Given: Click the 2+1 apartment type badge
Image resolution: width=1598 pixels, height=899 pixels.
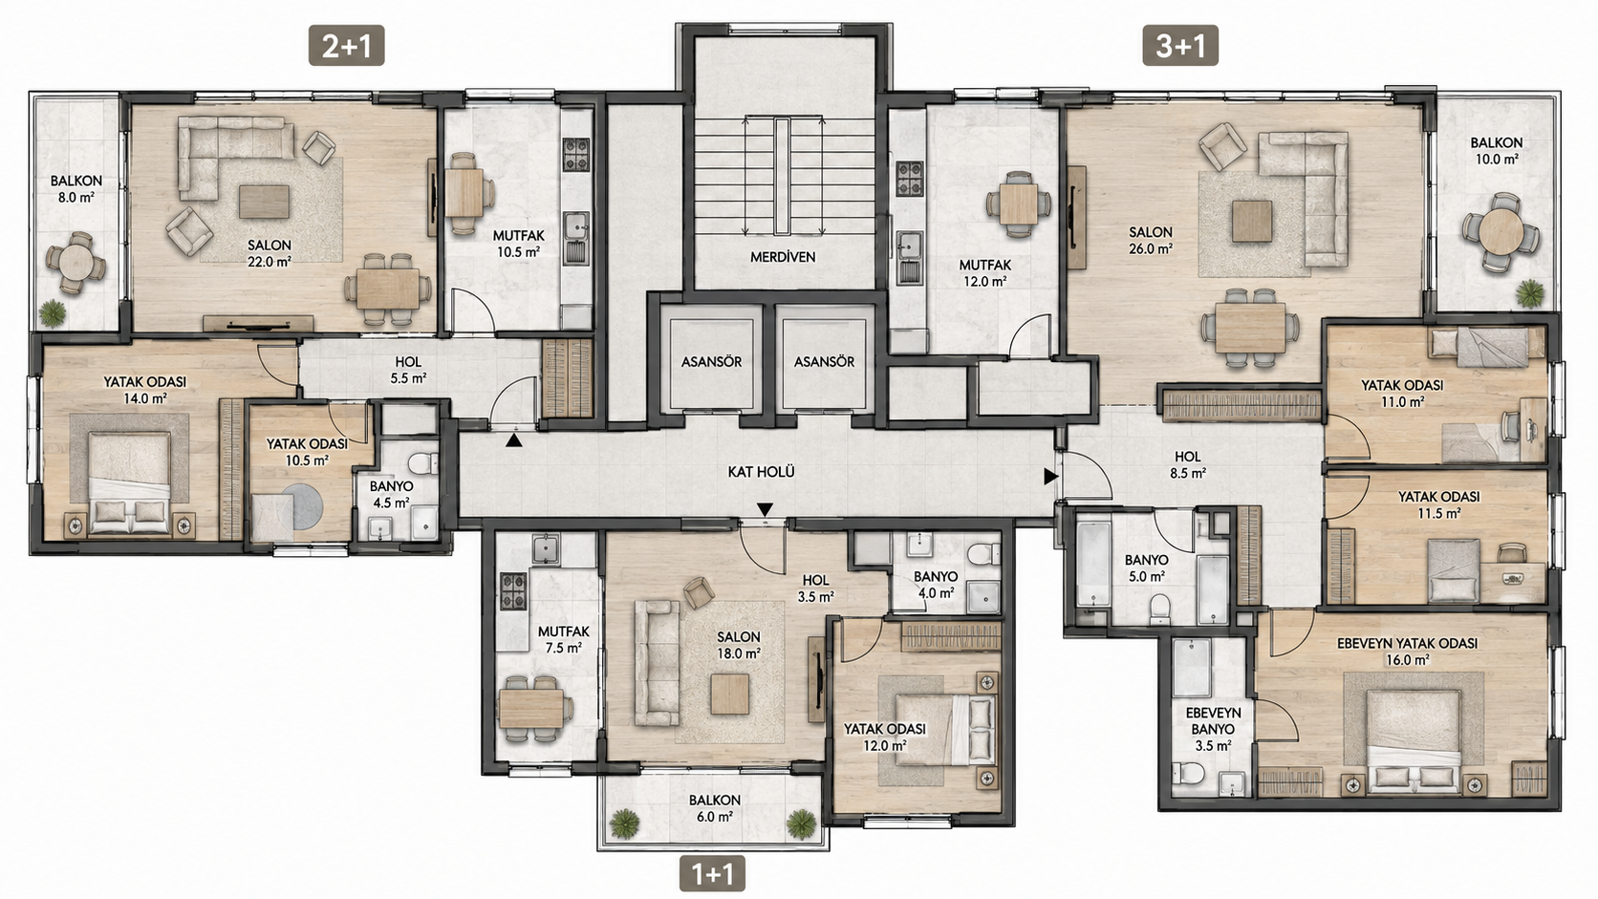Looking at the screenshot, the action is (346, 46).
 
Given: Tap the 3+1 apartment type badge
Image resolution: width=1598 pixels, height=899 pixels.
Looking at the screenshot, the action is (1180, 46).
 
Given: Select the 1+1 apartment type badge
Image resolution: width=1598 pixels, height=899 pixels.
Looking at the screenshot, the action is (712, 873).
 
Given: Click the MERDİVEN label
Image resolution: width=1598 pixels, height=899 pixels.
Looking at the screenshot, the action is (783, 257).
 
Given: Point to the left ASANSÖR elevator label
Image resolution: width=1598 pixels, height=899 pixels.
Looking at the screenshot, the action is (711, 361).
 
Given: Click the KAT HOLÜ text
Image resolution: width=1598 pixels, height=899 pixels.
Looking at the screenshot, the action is (761, 472).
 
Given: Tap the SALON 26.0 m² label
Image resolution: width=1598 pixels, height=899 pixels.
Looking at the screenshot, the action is (1151, 240).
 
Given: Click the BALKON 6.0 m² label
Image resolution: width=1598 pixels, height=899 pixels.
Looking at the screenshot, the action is (715, 808).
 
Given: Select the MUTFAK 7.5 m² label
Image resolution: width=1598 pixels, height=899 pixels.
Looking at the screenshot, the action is (564, 639).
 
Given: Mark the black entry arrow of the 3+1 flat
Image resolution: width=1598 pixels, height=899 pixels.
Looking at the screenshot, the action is (1050, 476).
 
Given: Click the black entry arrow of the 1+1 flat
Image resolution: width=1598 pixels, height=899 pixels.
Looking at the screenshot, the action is (765, 509).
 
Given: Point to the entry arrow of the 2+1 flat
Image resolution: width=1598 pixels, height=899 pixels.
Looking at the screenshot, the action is (513, 440).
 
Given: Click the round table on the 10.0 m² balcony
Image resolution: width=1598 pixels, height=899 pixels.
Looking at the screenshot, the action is (1501, 231).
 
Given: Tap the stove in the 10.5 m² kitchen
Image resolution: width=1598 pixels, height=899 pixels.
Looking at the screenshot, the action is (576, 155).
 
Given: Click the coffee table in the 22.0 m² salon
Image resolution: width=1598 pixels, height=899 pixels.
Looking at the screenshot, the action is (264, 202).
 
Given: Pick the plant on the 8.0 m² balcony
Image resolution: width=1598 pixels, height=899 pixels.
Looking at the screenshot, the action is (52, 312).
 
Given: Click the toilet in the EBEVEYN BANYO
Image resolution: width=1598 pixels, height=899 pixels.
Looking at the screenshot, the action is (1189, 773).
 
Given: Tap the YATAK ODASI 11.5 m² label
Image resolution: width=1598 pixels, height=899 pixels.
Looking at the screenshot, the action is (1439, 504).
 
